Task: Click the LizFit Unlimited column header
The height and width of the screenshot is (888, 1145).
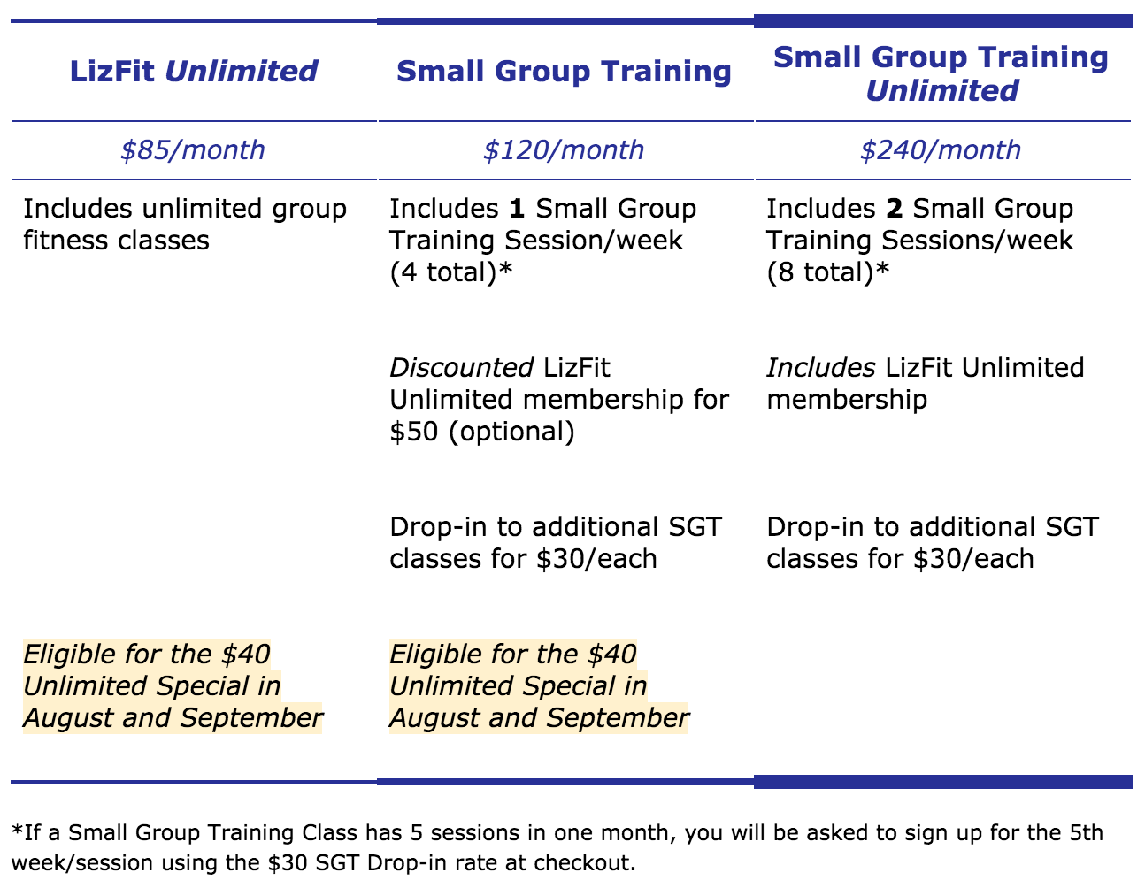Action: [194, 71]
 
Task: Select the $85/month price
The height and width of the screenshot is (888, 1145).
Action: [192, 150]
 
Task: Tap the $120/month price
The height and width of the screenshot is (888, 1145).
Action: [564, 150]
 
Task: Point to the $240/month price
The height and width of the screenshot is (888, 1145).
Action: [940, 150]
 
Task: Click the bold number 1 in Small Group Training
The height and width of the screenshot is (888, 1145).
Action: [517, 209]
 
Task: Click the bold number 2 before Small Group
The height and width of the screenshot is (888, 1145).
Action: [895, 209]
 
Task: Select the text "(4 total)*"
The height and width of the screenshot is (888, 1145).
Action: [451, 272]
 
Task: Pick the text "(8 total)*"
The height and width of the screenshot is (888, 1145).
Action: [828, 272]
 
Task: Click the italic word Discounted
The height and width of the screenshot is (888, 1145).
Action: [462, 368]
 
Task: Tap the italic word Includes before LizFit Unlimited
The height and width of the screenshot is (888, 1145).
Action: [821, 368]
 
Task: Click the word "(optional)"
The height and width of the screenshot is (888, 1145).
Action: [511, 432]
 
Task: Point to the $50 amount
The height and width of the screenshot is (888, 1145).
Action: [413, 432]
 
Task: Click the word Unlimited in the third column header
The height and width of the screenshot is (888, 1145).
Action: [942, 90]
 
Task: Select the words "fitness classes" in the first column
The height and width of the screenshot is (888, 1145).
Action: [117, 241]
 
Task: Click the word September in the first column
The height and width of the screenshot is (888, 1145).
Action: [251, 718]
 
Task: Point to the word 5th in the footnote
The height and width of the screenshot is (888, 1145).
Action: [1086, 832]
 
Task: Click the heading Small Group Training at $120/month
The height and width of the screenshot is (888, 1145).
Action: [564, 71]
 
